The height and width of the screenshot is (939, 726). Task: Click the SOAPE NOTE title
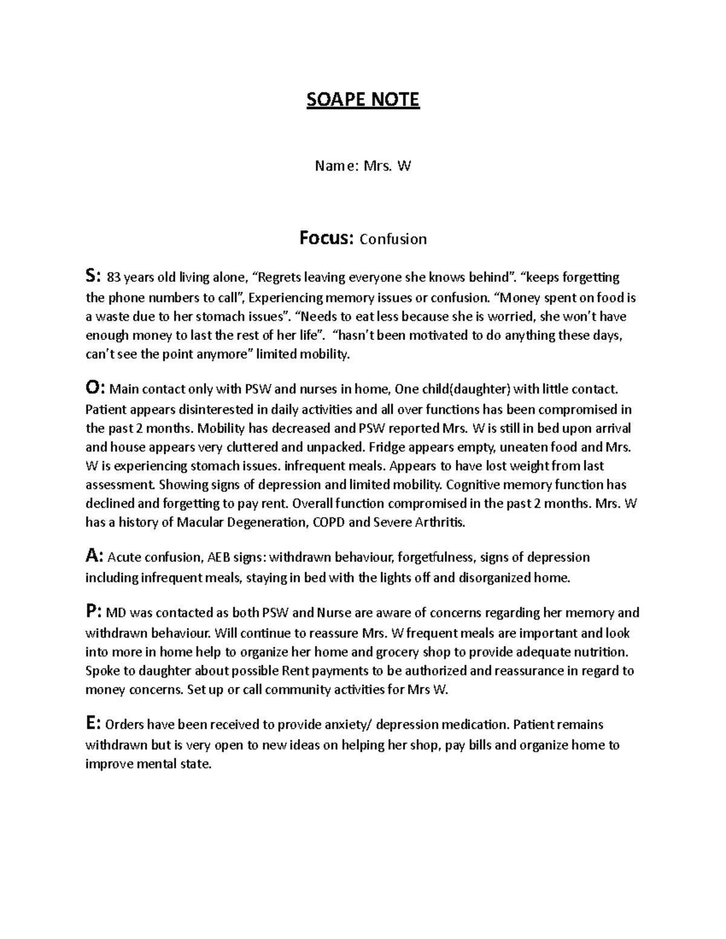tap(362, 100)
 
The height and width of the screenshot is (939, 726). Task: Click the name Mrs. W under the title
tap(387, 166)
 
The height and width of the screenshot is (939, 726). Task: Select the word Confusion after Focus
tap(393, 239)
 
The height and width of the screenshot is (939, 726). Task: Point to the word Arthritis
tap(439, 523)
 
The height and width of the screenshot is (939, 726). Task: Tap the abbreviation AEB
tap(220, 557)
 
